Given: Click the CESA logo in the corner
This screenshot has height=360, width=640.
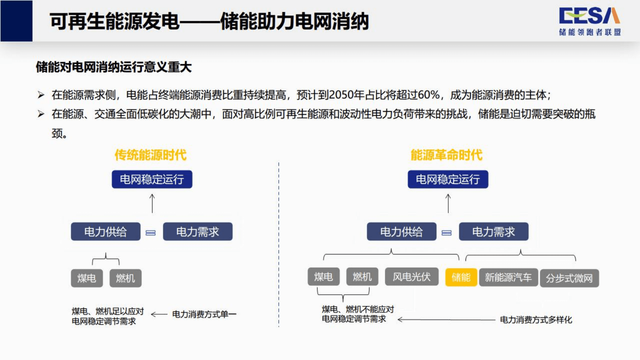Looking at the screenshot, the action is (589, 21).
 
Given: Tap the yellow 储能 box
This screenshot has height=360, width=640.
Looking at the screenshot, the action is (461, 277).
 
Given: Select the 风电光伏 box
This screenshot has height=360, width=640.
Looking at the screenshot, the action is (412, 277).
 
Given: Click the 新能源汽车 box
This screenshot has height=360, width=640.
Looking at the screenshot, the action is (508, 277).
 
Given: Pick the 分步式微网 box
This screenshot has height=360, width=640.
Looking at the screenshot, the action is (569, 278).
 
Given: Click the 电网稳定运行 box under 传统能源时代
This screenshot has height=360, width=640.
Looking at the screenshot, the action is (152, 179).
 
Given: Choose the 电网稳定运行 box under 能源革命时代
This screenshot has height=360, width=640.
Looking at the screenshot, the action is (448, 179).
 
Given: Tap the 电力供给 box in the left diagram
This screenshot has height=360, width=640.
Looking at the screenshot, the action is (105, 232).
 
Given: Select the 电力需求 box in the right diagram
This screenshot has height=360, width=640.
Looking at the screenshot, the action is (493, 232).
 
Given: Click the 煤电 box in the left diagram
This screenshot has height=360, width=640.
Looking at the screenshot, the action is (87, 278).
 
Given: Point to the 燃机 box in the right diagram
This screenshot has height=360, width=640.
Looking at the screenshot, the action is (362, 277).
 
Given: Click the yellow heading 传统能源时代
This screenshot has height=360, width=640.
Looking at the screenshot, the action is (150, 155).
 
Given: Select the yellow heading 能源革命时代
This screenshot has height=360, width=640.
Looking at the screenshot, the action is (446, 155).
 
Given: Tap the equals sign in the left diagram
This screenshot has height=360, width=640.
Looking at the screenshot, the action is (151, 233).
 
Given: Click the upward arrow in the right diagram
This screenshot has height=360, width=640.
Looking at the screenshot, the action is (448, 203).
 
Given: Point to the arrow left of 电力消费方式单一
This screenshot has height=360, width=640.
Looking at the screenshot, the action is (159, 314).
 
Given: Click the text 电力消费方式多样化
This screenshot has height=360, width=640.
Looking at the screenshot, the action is (536, 320).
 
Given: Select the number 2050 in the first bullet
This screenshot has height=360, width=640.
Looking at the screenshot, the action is (341, 95).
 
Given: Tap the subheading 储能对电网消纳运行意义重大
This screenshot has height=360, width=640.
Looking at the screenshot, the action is (114, 67).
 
